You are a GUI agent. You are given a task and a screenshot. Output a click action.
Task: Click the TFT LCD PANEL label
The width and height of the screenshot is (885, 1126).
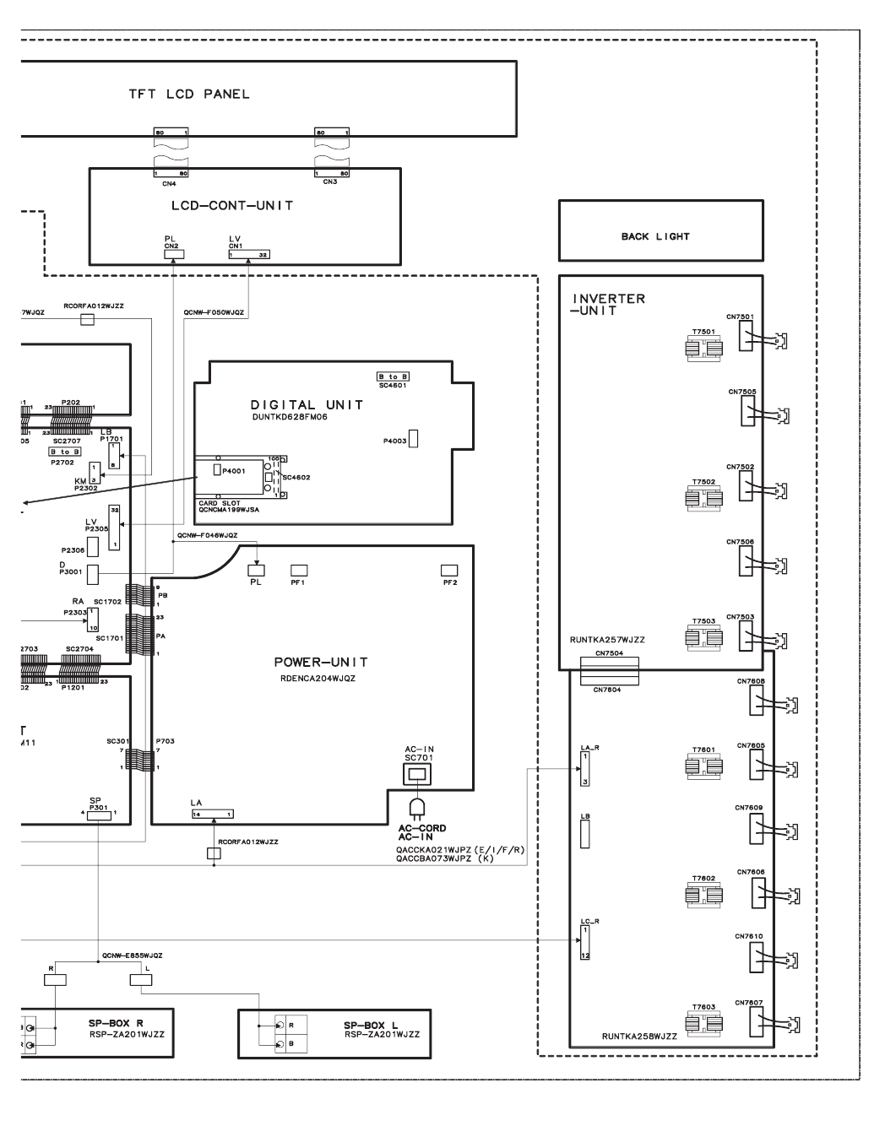(x=188, y=95)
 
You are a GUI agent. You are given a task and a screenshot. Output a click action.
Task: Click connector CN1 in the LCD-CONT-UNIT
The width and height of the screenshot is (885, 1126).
(x=249, y=253)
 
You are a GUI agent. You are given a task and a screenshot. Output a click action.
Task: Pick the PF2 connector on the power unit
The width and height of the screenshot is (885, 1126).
(x=449, y=571)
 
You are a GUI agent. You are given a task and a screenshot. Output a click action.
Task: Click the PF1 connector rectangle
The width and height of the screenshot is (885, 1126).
(x=298, y=571)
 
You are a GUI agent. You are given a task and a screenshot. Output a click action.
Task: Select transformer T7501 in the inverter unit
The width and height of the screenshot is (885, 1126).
(x=703, y=348)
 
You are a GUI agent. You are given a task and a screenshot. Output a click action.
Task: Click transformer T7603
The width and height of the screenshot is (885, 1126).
(x=703, y=1023)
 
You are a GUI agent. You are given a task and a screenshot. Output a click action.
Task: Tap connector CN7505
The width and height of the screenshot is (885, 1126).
(x=747, y=411)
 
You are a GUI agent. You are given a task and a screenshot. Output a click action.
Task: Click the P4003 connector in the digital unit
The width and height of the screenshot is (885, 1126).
(x=414, y=440)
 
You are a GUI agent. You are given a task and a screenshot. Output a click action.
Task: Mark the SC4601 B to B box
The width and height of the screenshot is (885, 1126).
(x=393, y=376)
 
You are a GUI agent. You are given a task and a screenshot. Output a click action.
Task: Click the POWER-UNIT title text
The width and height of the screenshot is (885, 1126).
(x=320, y=662)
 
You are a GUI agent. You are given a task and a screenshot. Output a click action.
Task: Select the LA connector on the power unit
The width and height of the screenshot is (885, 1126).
(x=212, y=814)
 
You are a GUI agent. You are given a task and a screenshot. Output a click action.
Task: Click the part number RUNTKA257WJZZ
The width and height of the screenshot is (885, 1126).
(x=606, y=641)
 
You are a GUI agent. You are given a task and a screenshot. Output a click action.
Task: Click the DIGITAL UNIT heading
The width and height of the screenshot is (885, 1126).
(x=307, y=405)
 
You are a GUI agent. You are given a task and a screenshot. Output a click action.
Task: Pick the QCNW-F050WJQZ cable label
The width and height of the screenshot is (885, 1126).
(x=214, y=312)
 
